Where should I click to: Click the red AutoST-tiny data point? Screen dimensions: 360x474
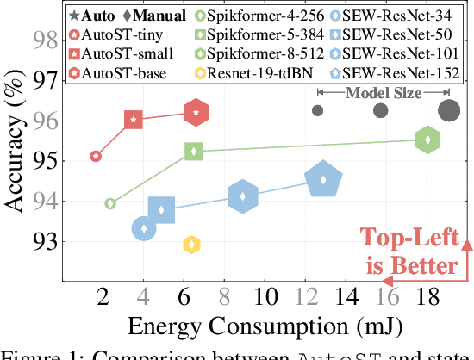[96, 156]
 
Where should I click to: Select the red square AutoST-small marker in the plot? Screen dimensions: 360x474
[133, 120]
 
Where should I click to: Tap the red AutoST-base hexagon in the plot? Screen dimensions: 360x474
[196, 112]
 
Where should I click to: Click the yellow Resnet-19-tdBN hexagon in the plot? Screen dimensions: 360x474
[192, 245]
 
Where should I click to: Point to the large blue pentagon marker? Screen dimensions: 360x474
[323, 180]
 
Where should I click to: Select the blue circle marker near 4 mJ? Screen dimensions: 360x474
[144, 228]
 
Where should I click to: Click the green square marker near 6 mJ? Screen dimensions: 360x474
[194, 152]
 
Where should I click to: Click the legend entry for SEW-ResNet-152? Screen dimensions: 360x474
[402, 74]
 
